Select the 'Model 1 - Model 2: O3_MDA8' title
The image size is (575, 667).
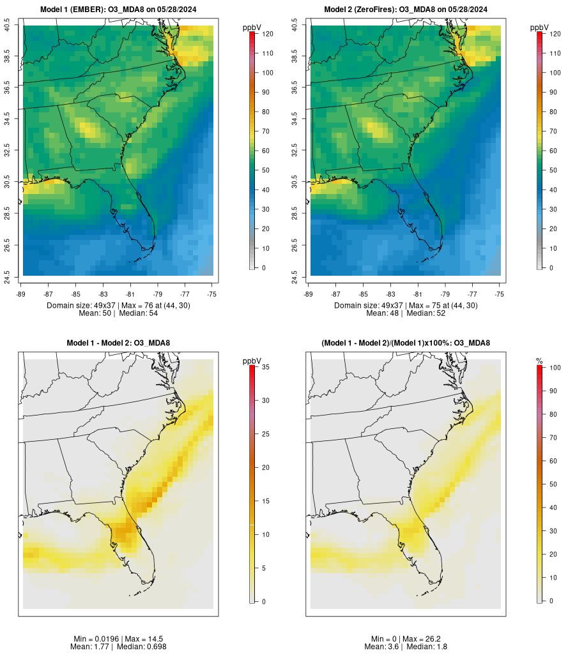tap(118, 343)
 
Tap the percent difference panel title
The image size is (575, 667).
tap(406, 343)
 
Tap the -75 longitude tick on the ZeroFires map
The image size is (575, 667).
tap(500, 293)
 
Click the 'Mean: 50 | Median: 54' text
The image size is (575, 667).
tap(118, 313)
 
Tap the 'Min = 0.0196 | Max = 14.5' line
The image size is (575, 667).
tap(118, 639)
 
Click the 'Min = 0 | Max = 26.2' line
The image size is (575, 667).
tap(406, 639)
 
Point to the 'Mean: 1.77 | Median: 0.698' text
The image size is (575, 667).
tap(118, 647)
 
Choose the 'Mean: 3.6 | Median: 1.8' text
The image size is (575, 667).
tap(406, 647)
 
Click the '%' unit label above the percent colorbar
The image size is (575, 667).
tap(540, 361)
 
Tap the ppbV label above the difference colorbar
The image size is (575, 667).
tap(252, 361)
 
